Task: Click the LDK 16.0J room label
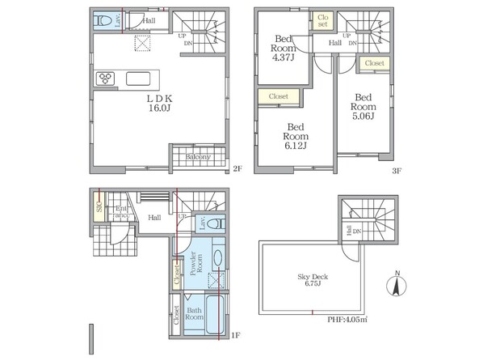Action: (159, 103)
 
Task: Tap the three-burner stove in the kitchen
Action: (105, 79)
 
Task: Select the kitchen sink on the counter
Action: (138, 79)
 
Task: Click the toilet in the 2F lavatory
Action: (103, 21)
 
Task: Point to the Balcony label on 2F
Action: (198, 157)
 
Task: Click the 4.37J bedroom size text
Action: (284, 57)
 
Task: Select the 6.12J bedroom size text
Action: (296, 146)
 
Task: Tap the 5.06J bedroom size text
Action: (363, 116)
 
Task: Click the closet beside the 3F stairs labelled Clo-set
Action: (322, 21)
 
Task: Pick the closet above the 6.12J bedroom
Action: (279, 96)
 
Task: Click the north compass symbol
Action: (397, 284)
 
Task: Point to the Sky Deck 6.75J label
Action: (313, 280)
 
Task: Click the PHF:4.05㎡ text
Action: (347, 320)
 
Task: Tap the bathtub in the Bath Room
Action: (215, 315)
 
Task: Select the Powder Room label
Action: (196, 263)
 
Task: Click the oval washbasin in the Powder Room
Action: (218, 258)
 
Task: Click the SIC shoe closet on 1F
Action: (99, 206)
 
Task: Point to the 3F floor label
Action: (397, 171)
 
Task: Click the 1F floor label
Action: (236, 336)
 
